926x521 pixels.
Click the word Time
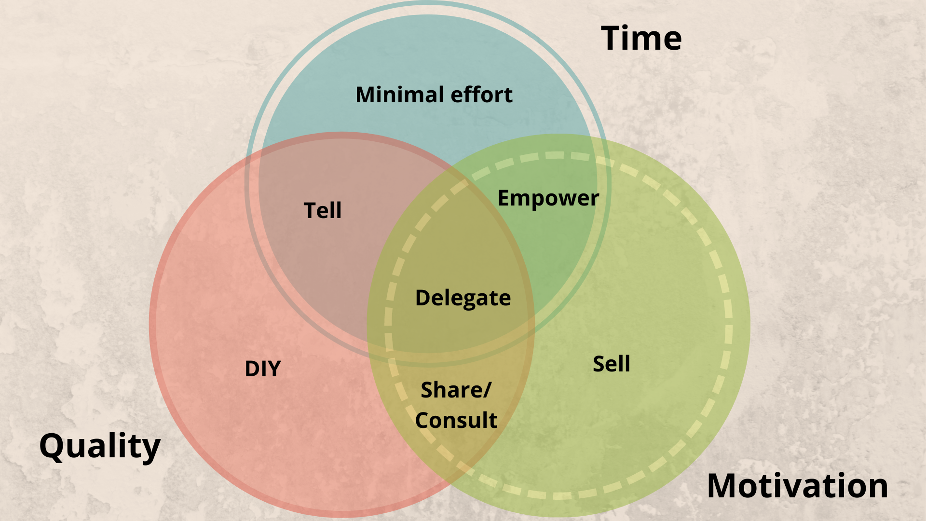pos(641,38)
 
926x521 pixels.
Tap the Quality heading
pos(99,446)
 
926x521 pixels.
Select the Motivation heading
pos(797,486)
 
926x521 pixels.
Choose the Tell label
pos(323,210)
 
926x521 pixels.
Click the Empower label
pos(548,198)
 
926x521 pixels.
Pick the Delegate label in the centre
pos(463,298)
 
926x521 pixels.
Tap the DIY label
pos(263,369)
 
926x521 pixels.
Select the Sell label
pos(611,364)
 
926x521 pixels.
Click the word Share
pos(452,390)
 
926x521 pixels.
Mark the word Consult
pos(456,420)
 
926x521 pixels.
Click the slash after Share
pos(488,390)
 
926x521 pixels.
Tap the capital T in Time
pos(613,38)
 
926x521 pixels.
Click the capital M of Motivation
pos(723,486)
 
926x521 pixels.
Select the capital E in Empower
pos(504,198)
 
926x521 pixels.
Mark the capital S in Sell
pos(599,364)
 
